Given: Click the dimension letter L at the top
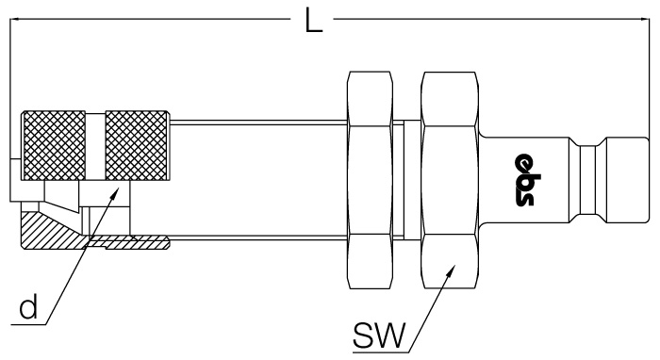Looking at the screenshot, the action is (x=313, y=20).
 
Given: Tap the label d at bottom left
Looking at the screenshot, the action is (x=28, y=306).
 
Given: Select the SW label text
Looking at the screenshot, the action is (x=379, y=335).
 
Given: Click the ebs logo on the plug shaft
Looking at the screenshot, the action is (x=525, y=180).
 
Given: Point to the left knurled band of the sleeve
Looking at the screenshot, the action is (x=54, y=145).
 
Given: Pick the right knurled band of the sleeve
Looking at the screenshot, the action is (x=137, y=145).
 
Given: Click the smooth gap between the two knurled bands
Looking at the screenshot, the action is (x=95, y=146).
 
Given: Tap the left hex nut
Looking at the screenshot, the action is (x=370, y=180).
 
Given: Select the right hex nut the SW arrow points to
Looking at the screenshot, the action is (x=450, y=180).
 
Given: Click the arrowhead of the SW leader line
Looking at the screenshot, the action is (x=452, y=270).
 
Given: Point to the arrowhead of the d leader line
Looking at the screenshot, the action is (x=115, y=193).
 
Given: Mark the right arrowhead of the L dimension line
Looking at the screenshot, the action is (x=645, y=19).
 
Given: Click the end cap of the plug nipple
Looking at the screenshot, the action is (x=627, y=180).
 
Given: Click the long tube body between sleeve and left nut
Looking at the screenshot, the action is (x=258, y=180).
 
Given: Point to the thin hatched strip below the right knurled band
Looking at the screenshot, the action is (x=128, y=242).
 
